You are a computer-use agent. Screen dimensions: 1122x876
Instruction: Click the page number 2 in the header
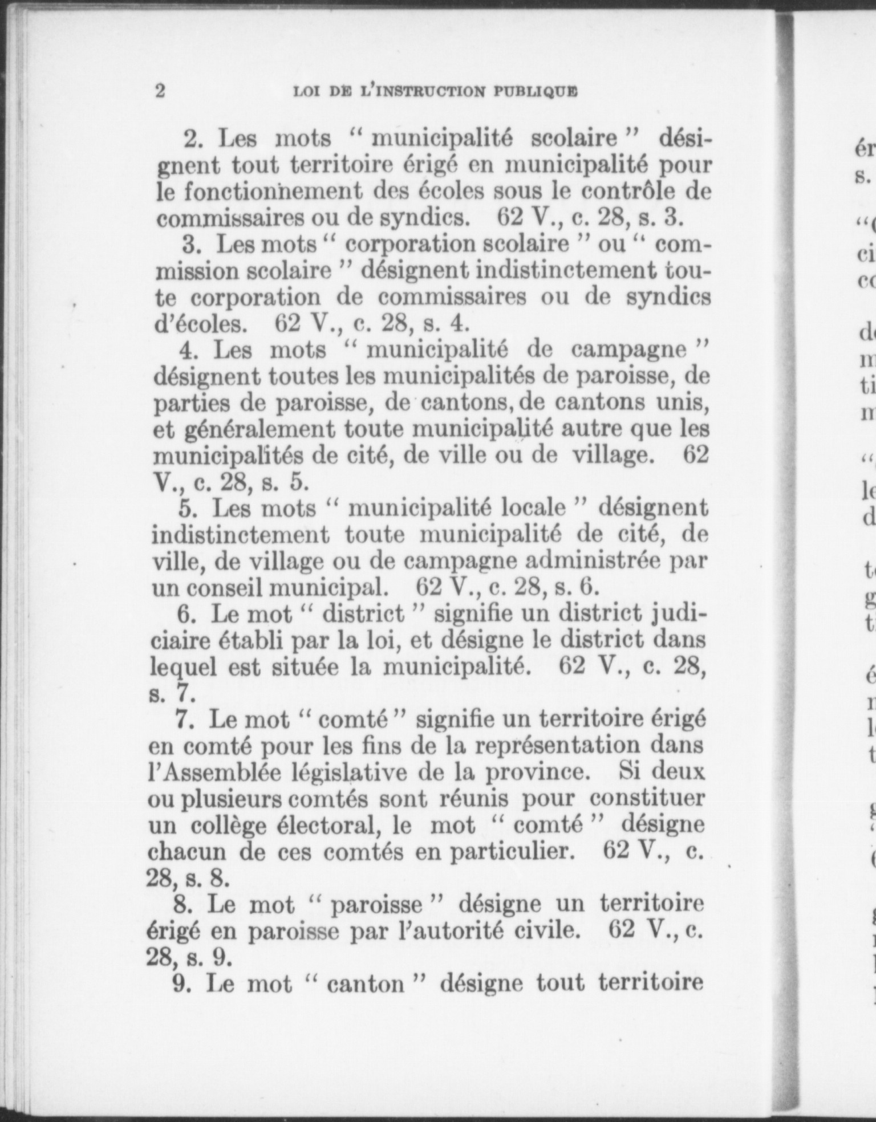(160, 91)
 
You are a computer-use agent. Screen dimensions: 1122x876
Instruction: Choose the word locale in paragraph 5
(532, 507)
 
